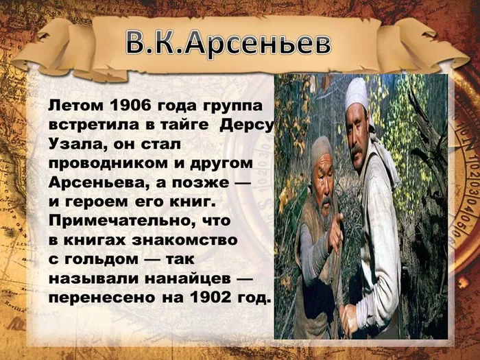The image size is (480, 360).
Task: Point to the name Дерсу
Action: [250, 125]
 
